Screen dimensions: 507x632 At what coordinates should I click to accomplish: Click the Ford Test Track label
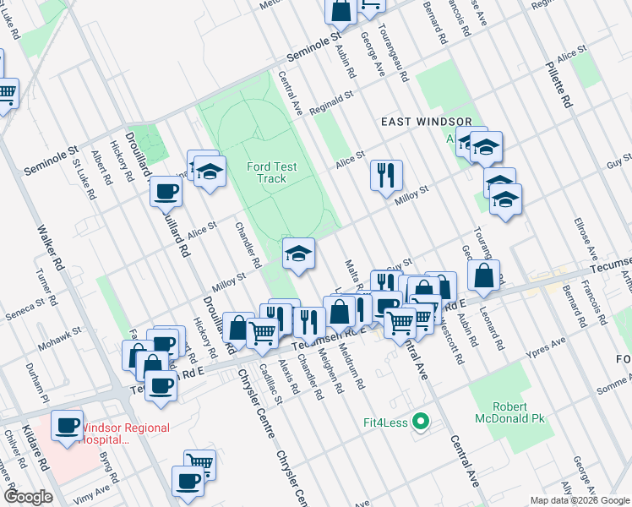tap(272, 172)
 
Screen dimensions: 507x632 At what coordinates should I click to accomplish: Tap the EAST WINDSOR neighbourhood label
tap(420, 122)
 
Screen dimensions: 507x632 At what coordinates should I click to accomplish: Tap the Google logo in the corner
tap(28, 496)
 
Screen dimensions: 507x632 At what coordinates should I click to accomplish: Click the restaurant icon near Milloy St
tap(386, 176)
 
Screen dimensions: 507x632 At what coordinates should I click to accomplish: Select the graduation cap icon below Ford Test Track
tap(298, 253)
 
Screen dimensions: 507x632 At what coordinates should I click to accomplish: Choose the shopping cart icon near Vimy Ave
tap(199, 464)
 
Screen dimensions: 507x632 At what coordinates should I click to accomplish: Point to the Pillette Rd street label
tap(559, 83)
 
